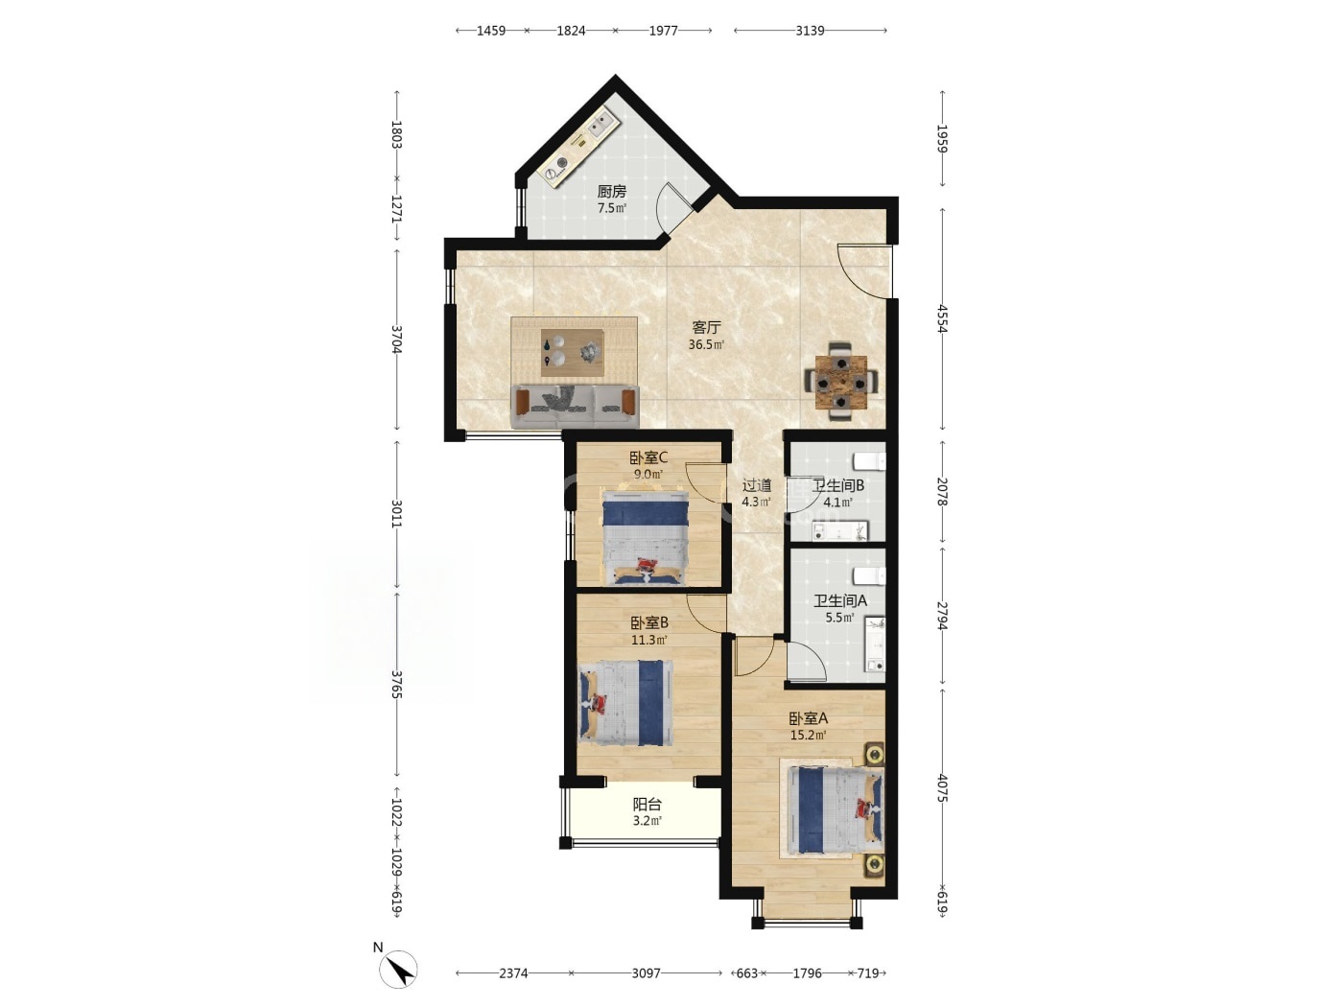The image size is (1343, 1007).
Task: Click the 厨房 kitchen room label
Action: pyautogui.click(x=611, y=192)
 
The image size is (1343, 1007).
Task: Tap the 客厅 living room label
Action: pyautogui.click(x=706, y=328)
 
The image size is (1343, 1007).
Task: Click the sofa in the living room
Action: pyautogui.click(x=575, y=406)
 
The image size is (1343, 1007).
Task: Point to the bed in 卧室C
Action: pyautogui.click(x=646, y=537)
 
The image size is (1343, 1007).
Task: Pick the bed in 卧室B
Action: pyautogui.click(x=625, y=703)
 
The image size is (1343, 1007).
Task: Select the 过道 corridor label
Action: pyautogui.click(x=756, y=486)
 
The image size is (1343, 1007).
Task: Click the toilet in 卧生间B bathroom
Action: pyautogui.click(x=870, y=461)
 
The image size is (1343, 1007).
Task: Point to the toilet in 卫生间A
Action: pyautogui.click(x=869, y=576)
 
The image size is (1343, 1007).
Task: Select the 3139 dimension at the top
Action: pyautogui.click(x=810, y=31)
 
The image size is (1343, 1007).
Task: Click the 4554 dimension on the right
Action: pyautogui.click(x=942, y=318)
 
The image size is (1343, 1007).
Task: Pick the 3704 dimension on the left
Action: pyautogui.click(x=396, y=340)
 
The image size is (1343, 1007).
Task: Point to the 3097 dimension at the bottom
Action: pyautogui.click(x=647, y=972)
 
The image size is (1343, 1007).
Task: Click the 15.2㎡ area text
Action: pyautogui.click(x=809, y=735)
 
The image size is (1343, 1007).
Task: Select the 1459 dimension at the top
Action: pyautogui.click(x=491, y=31)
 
